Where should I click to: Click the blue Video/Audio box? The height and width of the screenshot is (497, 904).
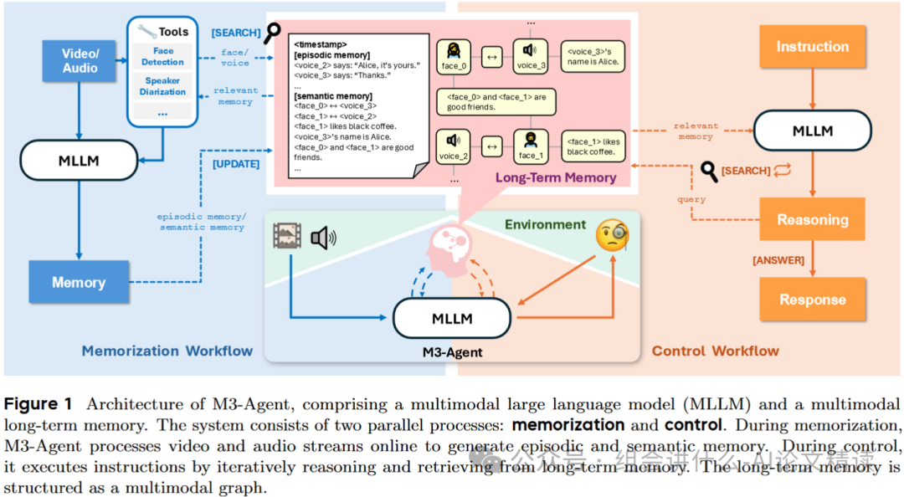click(80, 61)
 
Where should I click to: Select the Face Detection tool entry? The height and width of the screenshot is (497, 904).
click(162, 57)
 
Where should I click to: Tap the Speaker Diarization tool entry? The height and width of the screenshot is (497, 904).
click(162, 86)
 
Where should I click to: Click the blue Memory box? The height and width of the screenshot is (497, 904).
click(79, 282)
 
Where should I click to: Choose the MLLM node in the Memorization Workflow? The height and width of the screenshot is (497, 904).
click(78, 159)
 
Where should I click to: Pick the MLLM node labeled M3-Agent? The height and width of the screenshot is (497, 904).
click(452, 318)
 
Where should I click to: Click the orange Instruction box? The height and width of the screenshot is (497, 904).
click(812, 47)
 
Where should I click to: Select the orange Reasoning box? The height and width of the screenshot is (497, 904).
click(812, 219)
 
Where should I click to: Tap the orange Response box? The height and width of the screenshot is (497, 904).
click(812, 300)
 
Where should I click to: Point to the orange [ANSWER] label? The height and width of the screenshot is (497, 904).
click(779, 260)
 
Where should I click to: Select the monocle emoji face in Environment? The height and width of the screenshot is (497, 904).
click(613, 238)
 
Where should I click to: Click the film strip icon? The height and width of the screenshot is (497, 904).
click(287, 236)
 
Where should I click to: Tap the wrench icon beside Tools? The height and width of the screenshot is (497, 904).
click(147, 32)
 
